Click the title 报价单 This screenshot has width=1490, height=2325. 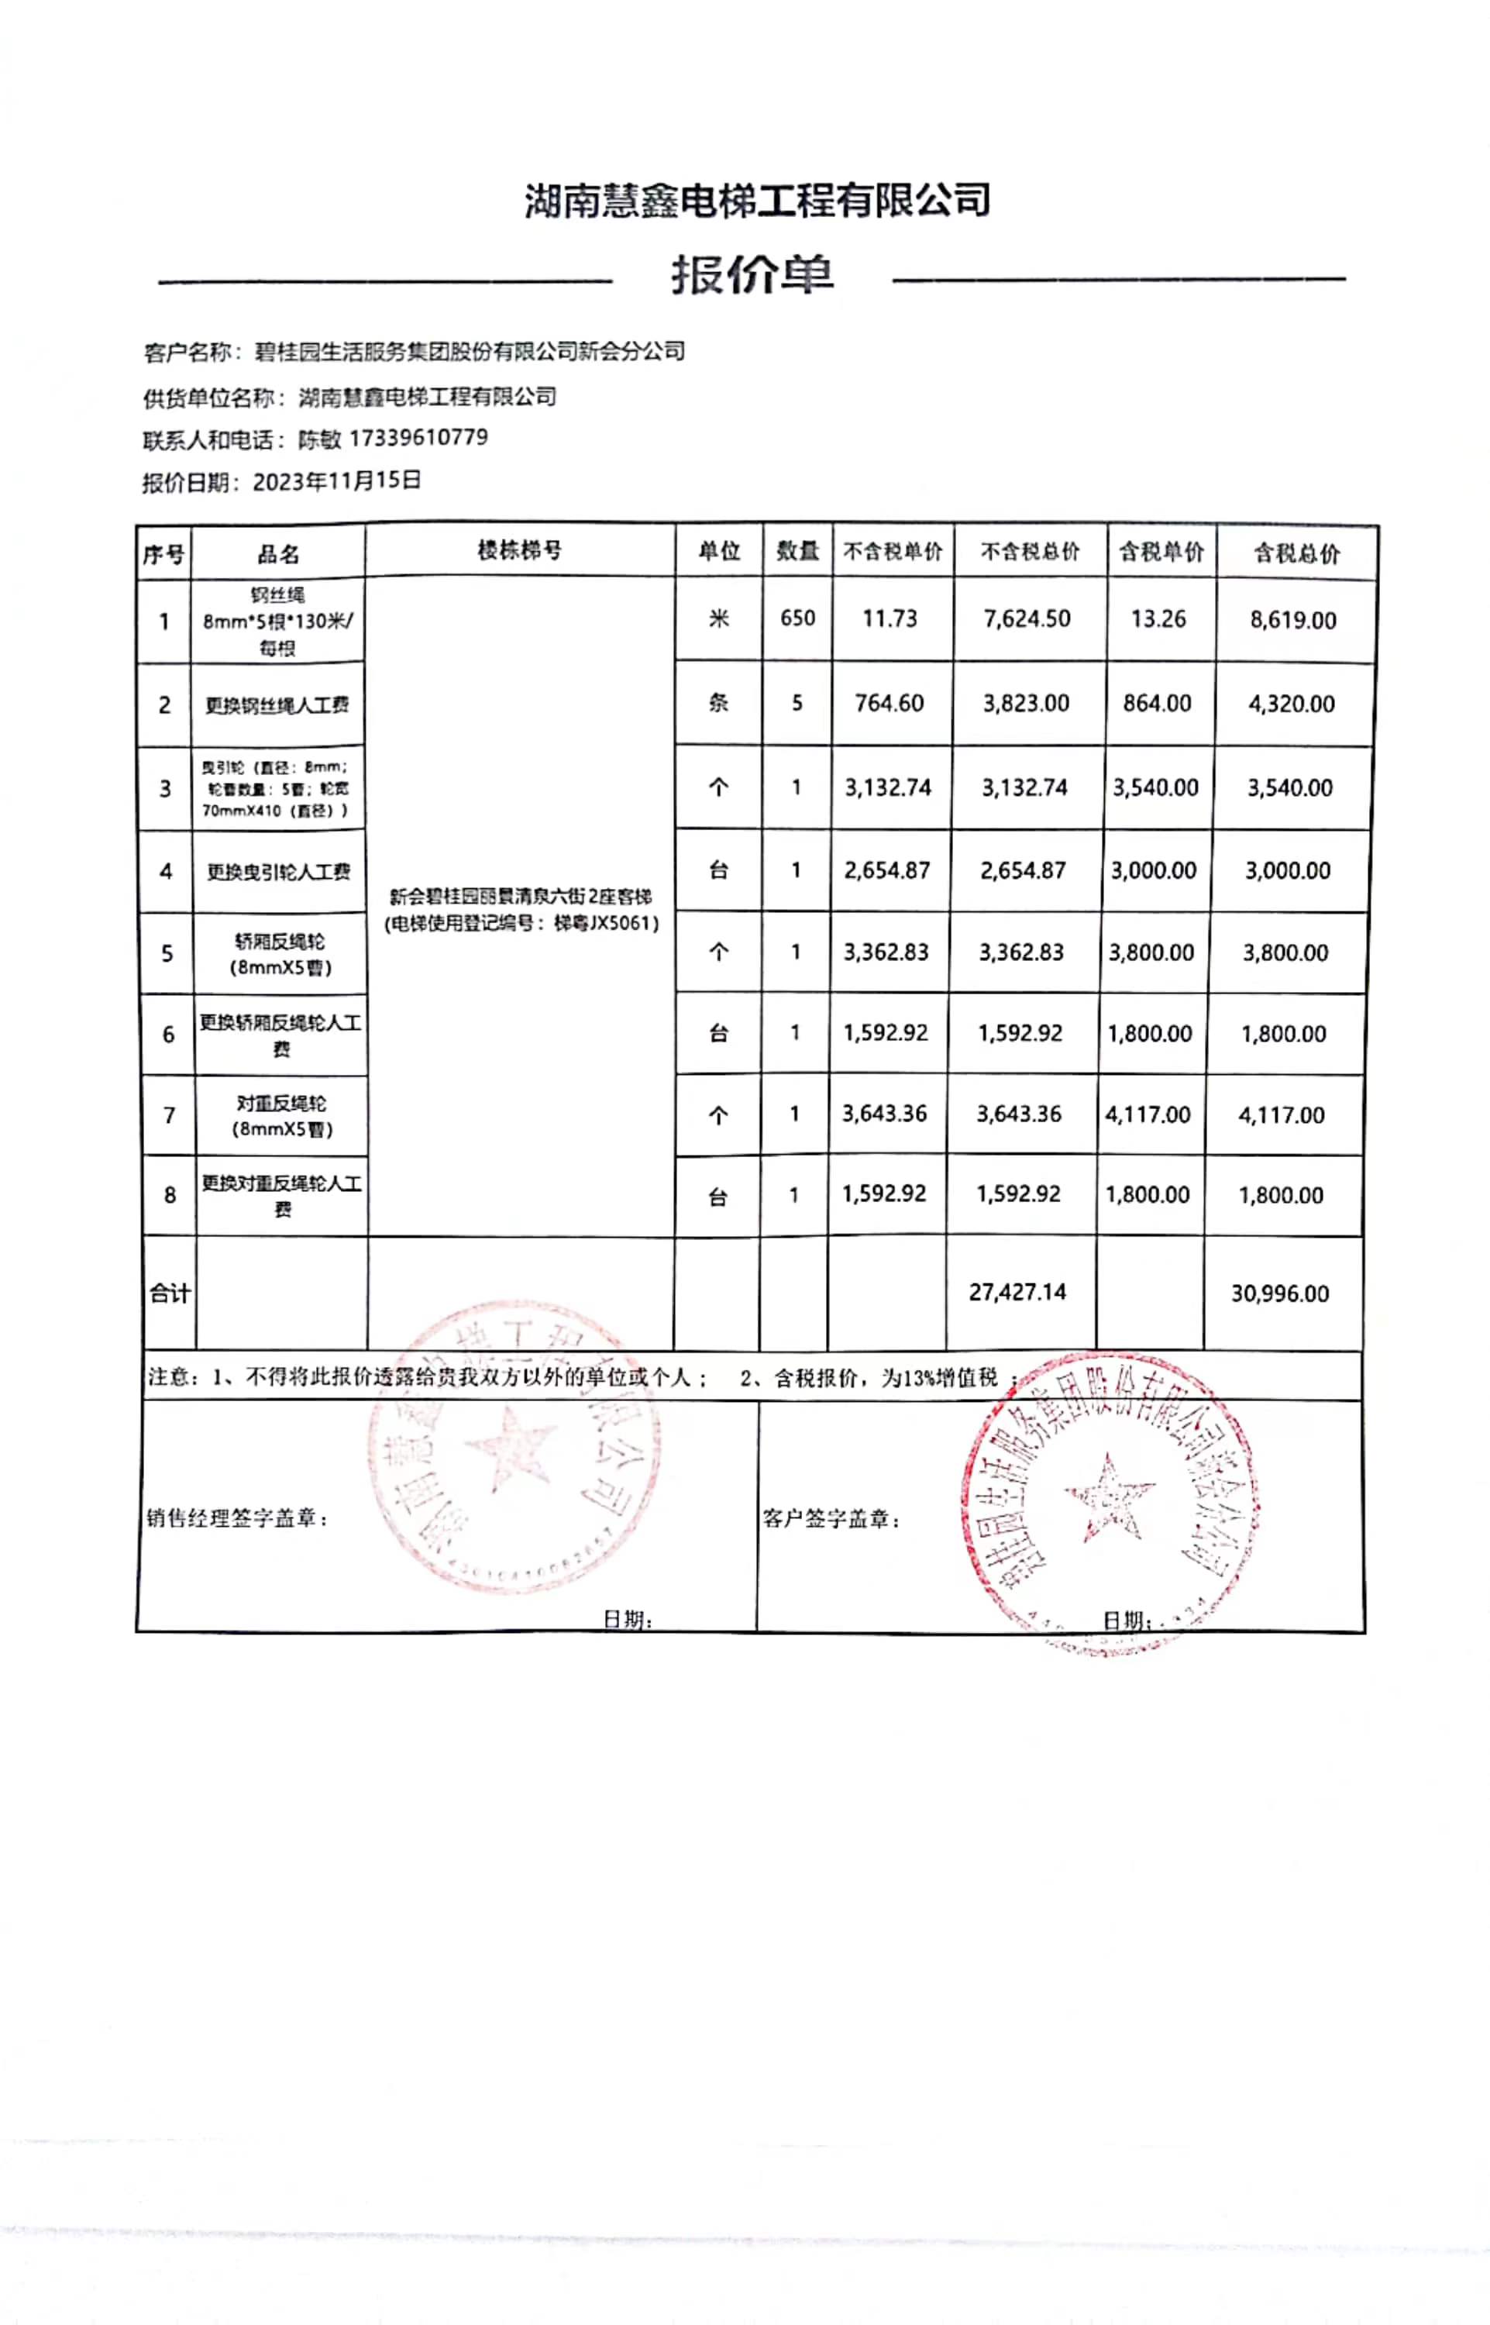752,276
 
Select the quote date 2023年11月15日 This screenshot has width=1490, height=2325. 337,480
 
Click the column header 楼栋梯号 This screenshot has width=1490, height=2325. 520,550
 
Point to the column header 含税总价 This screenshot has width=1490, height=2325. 1296,553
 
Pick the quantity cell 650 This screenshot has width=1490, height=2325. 797,618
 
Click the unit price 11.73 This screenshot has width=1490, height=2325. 890,619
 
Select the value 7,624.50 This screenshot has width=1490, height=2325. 1027,619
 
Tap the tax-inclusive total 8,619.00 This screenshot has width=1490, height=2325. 1292,620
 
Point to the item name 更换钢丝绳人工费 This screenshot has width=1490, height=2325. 277,705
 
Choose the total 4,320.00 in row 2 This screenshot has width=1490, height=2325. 1291,704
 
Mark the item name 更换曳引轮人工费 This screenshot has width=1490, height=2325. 279,872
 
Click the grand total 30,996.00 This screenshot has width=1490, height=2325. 1279,1293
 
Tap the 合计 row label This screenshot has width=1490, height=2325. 170,1293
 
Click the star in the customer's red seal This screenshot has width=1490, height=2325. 1109,1497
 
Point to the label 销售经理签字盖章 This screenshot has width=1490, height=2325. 238,1518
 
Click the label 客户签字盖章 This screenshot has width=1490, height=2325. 832,1519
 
